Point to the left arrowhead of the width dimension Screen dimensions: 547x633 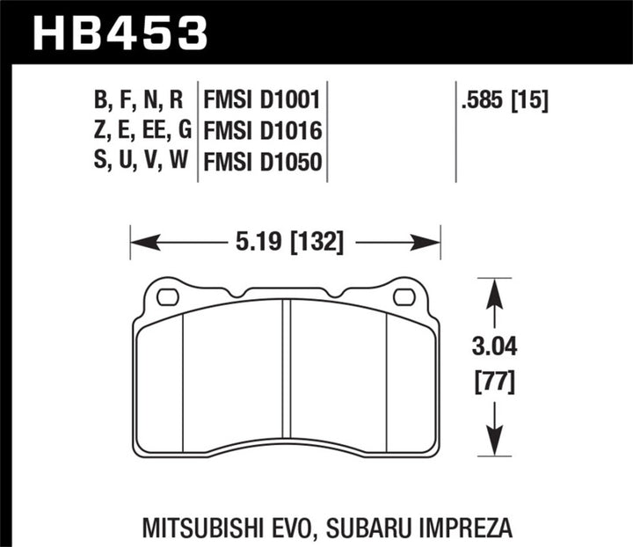(138, 241)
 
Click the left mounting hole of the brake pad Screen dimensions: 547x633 (166, 297)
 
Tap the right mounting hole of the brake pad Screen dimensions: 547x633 (404, 297)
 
